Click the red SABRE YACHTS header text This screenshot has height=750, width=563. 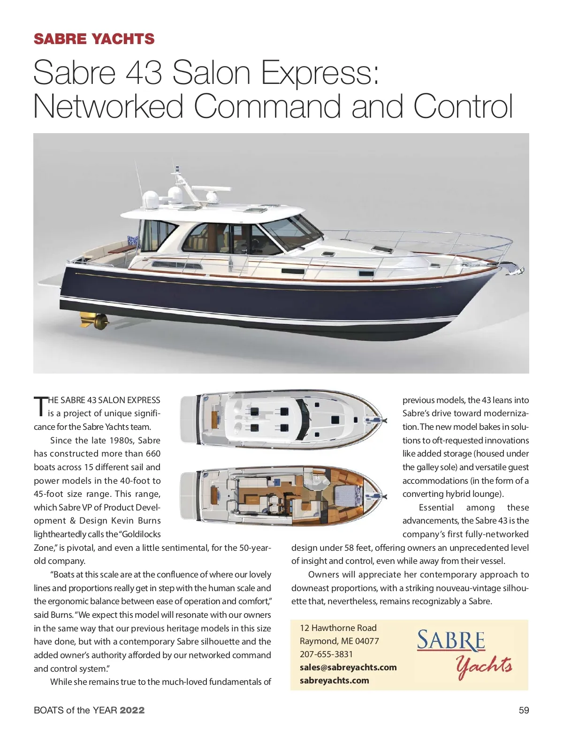pos(94,39)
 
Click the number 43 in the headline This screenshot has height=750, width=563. pos(144,73)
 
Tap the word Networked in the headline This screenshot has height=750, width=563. pos(108,106)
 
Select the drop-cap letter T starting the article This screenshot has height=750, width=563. pos(40,406)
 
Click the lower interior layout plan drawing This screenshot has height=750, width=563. pos(283,497)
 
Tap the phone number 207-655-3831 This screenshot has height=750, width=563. pos(326,654)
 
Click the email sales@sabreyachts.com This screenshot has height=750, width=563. pos(348,667)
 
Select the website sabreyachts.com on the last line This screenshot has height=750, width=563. pos(334,680)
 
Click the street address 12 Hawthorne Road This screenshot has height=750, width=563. pos(338,628)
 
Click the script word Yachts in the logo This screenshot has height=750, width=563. pos(483,666)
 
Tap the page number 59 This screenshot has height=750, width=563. pos(524,710)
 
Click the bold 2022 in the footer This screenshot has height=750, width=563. pos(132,710)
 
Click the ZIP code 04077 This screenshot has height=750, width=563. pos(367,641)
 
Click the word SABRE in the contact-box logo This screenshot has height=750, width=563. pos(450,641)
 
